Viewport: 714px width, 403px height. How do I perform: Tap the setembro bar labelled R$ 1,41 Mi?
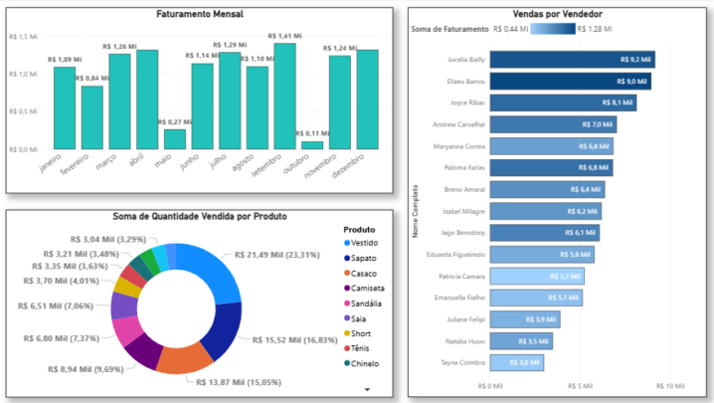[x=285, y=96]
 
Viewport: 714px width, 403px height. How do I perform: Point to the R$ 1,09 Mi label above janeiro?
[x=65, y=60]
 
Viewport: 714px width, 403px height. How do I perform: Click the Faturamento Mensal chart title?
[x=200, y=14]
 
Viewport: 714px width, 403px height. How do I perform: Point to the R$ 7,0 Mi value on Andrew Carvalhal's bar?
[x=597, y=124]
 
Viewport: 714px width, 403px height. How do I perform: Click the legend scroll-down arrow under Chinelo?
[x=368, y=389]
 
